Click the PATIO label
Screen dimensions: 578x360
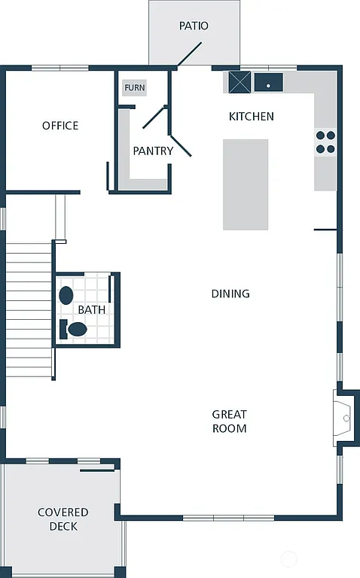pos(194,26)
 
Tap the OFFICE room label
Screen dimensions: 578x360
pos(60,126)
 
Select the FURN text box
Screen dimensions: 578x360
pos(135,88)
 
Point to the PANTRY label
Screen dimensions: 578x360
pos(153,151)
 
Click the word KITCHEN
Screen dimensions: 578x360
pos(251,117)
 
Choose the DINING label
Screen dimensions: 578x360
pos(230,294)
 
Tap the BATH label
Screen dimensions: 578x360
pos(92,309)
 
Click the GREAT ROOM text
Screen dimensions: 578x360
pos(229,421)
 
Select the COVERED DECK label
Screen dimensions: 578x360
pos(63,519)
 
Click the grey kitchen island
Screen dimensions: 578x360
pos(246,184)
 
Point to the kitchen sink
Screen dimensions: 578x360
pos(267,82)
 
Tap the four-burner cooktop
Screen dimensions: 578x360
pos(325,142)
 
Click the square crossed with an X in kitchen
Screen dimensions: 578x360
pos(239,81)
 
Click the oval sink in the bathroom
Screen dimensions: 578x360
pos(66,295)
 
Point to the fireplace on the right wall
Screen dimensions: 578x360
pos(344,418)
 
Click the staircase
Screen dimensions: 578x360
pos(29,309)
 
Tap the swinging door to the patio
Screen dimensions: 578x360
pos(188,55)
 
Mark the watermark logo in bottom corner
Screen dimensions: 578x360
pos(290,559)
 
